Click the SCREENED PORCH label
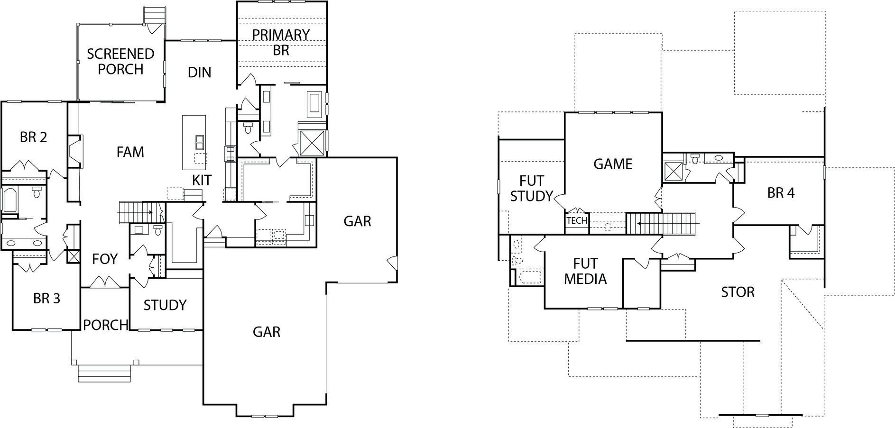pos(120,61)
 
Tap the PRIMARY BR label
pos(281,42)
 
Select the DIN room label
pos(199,73)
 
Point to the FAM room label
pos(130,152)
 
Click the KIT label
pos(202,180)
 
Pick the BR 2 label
pos(33,137)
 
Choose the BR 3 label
pos(46,299)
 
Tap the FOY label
pos(104,259)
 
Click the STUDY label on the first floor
pos(165,305)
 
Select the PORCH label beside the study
pos(105,325)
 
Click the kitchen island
pos(194,142)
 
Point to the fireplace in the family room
pos(74,151)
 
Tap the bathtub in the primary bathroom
pos(314,105)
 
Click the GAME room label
pos(613,164)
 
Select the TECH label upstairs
pos(576,220)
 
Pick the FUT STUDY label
pos(531,188)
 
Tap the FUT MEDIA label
pos(585,271)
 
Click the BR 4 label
pos(780,193)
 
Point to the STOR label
pos(738,292)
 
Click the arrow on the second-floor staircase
pos(640,223)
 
